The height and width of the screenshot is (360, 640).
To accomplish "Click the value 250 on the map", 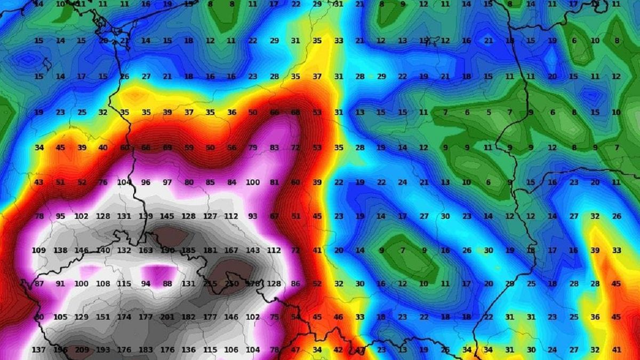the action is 231,284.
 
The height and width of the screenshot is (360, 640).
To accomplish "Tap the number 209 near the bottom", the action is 82,350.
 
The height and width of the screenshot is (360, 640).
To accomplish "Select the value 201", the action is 167,317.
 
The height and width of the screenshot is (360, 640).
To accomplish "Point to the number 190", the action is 167,250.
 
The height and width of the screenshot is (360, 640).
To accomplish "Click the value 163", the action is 146,250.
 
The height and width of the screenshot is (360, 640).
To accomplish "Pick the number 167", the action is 231,250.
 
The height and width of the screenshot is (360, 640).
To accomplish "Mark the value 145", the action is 167,216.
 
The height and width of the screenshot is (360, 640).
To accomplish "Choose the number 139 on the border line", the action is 146,216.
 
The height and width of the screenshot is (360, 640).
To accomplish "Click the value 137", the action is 39,350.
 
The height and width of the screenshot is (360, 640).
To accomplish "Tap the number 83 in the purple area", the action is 274,147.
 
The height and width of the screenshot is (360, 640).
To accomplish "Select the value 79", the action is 253,147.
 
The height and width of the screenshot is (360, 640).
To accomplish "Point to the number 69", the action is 167,147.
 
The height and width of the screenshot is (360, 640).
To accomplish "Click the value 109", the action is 39,250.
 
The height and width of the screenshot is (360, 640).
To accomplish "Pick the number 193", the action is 103,350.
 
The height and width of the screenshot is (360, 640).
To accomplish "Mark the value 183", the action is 146,350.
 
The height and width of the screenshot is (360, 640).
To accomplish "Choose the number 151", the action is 103,317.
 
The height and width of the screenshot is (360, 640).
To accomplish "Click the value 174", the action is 124,317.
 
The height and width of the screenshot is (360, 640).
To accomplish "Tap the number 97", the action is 167,182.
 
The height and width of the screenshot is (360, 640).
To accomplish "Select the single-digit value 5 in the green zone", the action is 488,113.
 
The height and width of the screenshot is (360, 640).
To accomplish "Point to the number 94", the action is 146,284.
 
